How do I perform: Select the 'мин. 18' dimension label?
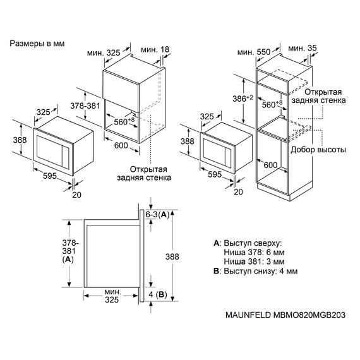[x=155, y=49]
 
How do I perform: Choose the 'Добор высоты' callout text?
[x=318, y=150]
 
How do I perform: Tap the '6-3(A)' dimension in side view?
[x=160, y=215]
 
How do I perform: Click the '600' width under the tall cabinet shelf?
[x=270, y=165]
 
